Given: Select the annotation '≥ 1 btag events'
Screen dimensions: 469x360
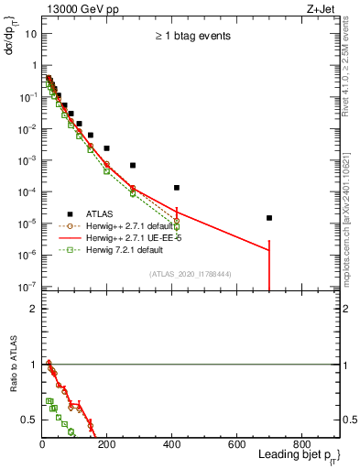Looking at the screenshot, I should click(x=191, y=37).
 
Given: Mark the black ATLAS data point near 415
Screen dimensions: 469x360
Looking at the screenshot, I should click(x=177, y=188).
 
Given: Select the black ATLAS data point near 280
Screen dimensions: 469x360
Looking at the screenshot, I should click(x=133, y=166).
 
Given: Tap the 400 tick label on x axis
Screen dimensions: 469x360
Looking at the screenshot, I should click(x=171, y=445).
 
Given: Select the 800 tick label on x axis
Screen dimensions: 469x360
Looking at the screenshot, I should click(x=300, y=445).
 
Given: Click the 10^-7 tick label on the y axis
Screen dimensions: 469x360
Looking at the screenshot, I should click(x=27, y=286).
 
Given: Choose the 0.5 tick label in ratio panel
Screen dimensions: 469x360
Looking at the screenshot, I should click(x=28, y=420).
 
